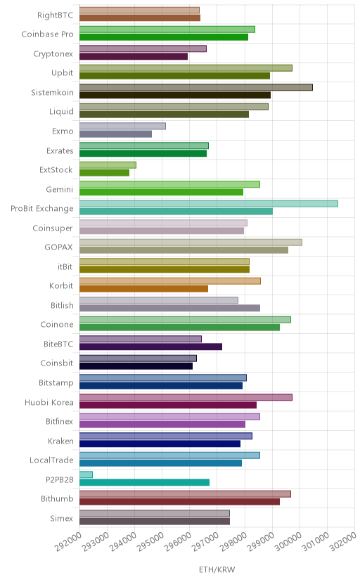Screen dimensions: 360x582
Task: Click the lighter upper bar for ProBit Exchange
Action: (209, 204)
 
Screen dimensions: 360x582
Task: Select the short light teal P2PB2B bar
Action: (86, 474)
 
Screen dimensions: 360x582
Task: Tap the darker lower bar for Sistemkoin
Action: (175, 95)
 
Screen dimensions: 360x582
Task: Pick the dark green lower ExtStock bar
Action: (104, 173)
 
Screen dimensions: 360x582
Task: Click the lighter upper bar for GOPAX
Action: (191, 242)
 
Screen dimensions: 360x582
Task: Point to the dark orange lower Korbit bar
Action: (143, 289)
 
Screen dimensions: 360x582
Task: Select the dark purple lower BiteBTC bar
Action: (150, 347)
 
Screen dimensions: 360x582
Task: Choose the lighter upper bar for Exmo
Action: (122, 127)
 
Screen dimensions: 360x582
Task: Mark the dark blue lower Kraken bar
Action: (160, 444)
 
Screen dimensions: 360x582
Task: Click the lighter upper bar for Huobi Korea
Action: (186, 397)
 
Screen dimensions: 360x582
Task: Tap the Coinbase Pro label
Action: (47, 34)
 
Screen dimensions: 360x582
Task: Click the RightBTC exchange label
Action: (55, 15)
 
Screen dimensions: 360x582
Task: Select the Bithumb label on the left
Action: (57, 498)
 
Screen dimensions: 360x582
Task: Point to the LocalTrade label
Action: (51, 460)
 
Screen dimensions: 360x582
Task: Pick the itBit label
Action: (65, 266)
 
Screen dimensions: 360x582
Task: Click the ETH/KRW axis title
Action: (217, 570)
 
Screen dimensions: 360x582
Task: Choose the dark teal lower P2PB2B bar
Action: (144, 482)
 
